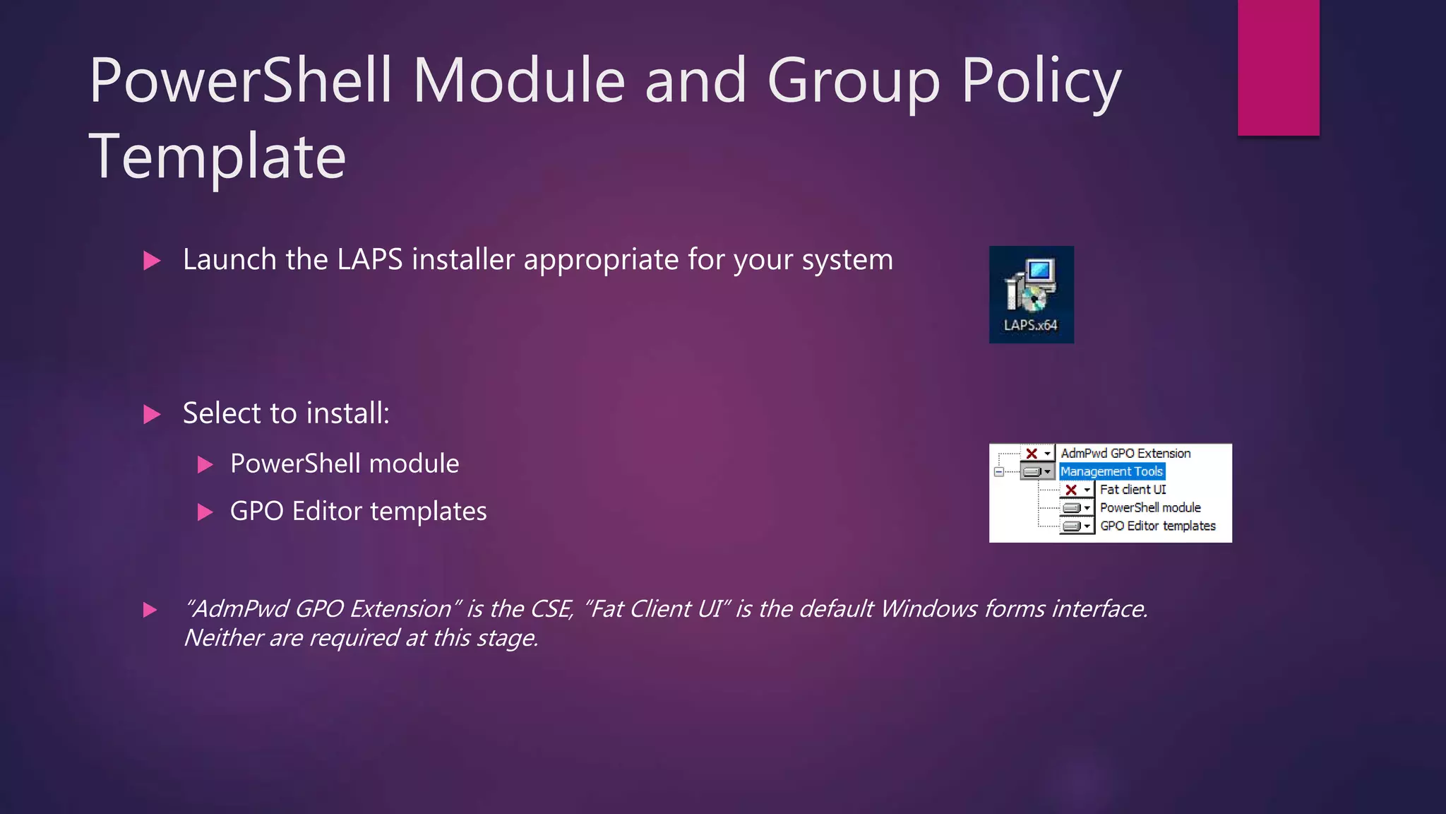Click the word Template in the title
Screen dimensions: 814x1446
[217, 157]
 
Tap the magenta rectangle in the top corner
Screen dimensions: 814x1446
[1278, 67]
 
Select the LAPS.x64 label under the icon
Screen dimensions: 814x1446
[1031, 325]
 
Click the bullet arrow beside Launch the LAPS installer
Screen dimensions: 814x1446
[151, 261]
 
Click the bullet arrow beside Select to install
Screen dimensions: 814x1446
[151, 414]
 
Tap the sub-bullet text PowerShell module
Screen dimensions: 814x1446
[345, 464]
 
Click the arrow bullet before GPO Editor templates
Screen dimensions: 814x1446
[205, 512]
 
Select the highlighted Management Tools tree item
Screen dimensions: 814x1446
[1111, 471]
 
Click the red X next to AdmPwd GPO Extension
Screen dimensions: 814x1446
[1032, 454]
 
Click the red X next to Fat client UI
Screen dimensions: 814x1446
[1071, 490]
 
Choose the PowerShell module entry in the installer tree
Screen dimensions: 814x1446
[1150, 508]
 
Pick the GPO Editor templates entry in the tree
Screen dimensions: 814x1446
[1158, 526]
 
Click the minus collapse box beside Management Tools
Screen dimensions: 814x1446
[999, 471]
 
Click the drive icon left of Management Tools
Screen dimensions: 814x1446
[1032, 471]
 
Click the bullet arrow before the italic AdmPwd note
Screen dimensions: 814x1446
[150, 610]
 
